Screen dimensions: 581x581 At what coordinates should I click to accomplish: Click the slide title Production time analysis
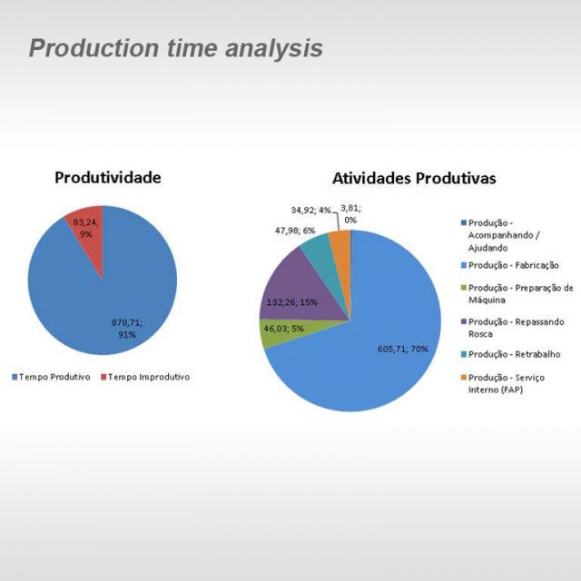(176, 49)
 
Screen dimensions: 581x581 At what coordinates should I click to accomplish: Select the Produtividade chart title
(108, 178)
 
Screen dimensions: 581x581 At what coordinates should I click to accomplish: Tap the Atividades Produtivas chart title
(414, 178)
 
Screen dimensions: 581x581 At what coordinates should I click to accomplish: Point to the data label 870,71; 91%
(127, 329)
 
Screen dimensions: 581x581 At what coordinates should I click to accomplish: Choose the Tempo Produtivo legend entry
(51, 377)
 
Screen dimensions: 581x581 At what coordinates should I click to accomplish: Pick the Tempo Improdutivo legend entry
(145, 377)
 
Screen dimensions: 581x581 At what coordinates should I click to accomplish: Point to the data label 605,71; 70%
(403, 349)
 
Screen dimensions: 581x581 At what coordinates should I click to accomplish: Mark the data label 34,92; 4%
(310, 211)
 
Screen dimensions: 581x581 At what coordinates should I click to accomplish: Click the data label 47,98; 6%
(295, 231)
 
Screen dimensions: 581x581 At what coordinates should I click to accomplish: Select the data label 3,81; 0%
(350, 214)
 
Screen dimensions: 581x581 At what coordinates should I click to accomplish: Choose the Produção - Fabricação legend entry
(510, 265)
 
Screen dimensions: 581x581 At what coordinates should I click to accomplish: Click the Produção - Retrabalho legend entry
(510, 354)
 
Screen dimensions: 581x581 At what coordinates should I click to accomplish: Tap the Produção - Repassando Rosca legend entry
(512, 328)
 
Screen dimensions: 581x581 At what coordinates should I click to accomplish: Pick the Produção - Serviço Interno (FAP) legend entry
(502, 383)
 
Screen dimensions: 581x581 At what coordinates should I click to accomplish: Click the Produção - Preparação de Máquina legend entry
(517, 294)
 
